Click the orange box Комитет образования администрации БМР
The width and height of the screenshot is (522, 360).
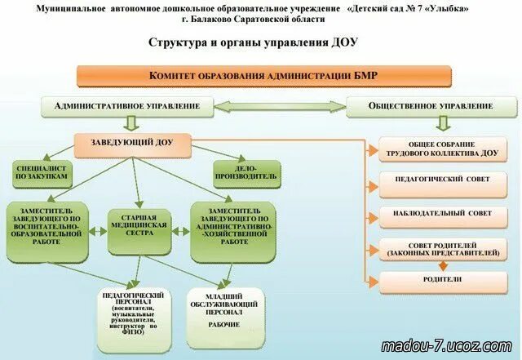pos(263,76)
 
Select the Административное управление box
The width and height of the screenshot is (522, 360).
pos(126,106)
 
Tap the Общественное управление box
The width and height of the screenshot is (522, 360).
pos(431,106)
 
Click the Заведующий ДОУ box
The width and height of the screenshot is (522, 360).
pos(133,145)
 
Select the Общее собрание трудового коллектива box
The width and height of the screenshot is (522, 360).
pos(443,148)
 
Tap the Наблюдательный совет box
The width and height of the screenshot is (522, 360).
pos(443,213)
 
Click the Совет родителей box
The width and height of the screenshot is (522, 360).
pos(443,249)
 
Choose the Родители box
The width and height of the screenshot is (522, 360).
pos(443,279)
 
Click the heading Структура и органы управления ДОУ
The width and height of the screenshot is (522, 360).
pos(253,42)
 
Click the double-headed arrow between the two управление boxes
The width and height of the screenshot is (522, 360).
pos(280,106)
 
